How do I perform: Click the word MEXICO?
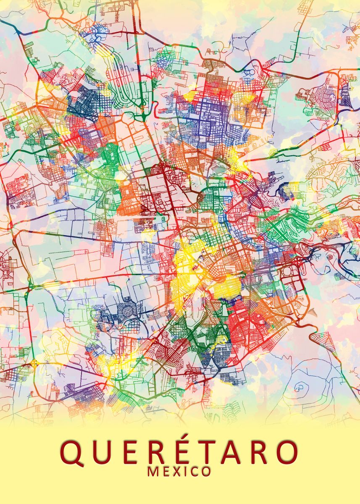point(179,472)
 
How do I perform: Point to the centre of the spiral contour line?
point(300,386)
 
